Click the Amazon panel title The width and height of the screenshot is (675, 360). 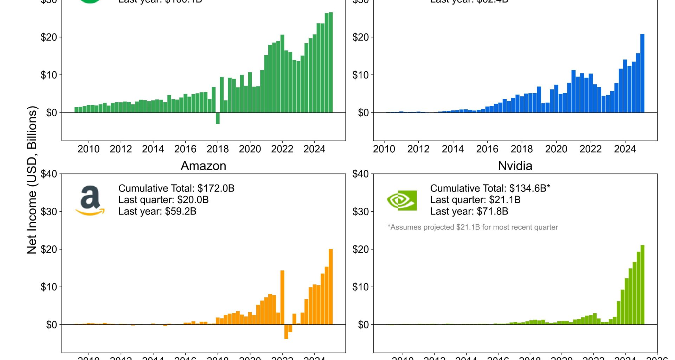click(203, 166)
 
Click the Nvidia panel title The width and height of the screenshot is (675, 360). click(515, 166)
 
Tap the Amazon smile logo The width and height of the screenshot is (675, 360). click(90, 201)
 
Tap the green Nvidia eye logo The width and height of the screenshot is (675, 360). click(402, 200)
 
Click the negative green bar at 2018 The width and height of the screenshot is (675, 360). click(218, 118)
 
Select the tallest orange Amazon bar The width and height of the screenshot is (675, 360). click(330, 287)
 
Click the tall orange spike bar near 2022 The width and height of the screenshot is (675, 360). click(282, 297)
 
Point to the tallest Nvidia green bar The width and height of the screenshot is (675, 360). click(642, 285)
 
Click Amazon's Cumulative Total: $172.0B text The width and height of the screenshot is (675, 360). click(176, 188)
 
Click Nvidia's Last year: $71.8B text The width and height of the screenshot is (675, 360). click(469, 211)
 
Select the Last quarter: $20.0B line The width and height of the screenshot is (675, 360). click(163, 200)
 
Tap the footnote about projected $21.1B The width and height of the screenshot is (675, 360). click(472, 227)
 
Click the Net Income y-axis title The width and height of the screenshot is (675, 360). click(32, 180)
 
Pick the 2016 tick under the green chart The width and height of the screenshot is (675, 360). click(185, 149)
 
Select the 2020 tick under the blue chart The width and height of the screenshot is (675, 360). click(556, 149)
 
